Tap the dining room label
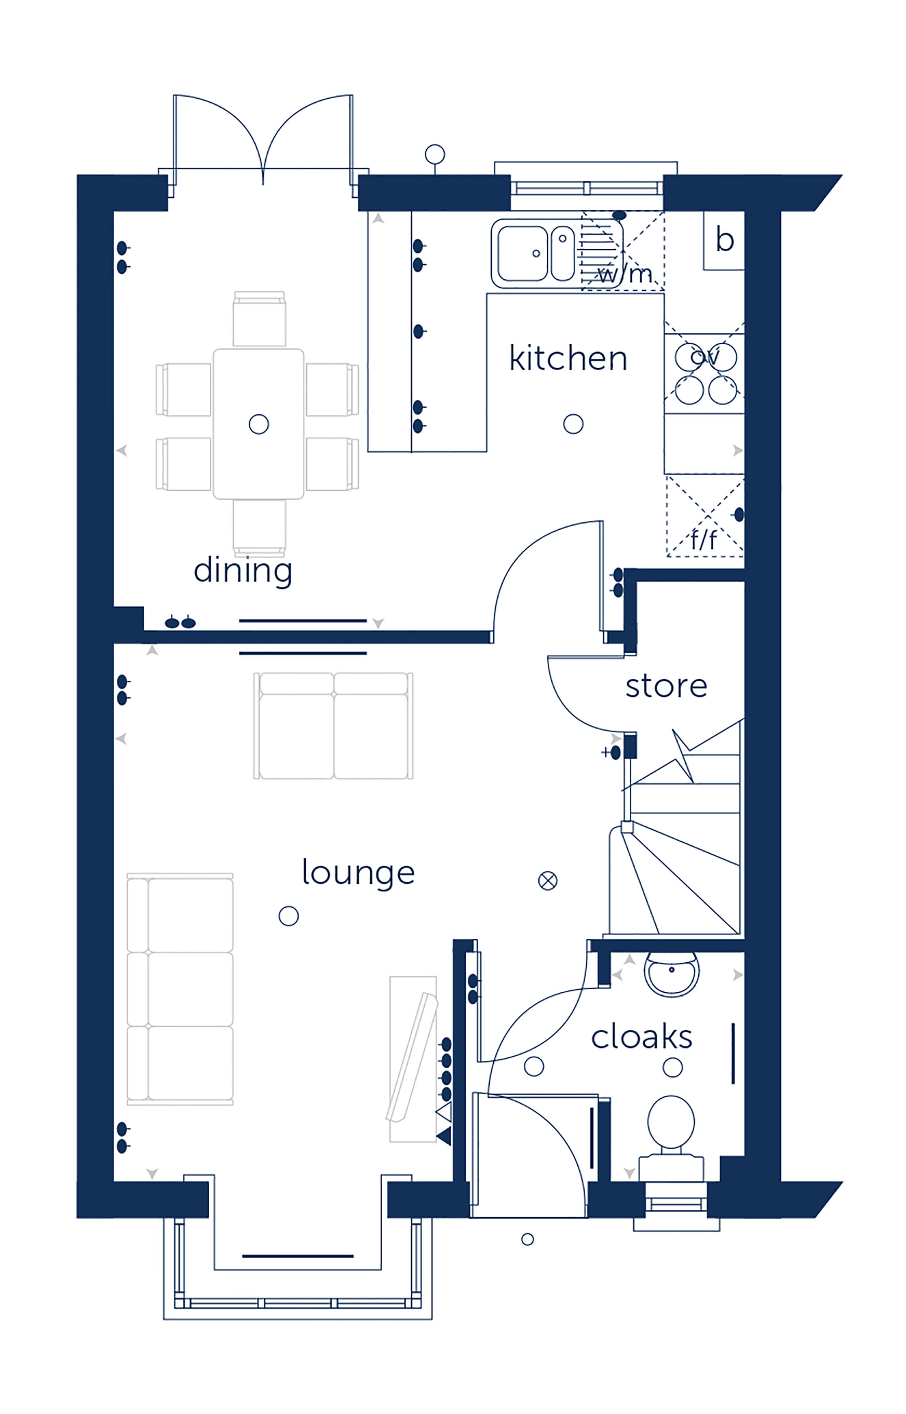(243, 571)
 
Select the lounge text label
(358, 873)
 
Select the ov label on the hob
(704, 357)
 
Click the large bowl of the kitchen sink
(522, 253)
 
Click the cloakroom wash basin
(671, 974)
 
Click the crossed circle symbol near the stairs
(548, 881)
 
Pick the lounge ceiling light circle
(288, 916)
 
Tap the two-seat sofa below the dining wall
(334, 725)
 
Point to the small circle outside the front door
(528, 1239)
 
